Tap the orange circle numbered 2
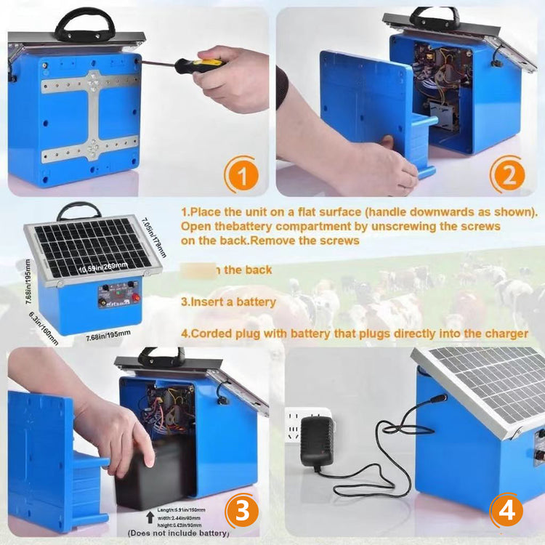507,176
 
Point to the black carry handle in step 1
85,24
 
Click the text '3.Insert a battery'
228,302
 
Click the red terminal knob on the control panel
134,296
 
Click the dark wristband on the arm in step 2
281,87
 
